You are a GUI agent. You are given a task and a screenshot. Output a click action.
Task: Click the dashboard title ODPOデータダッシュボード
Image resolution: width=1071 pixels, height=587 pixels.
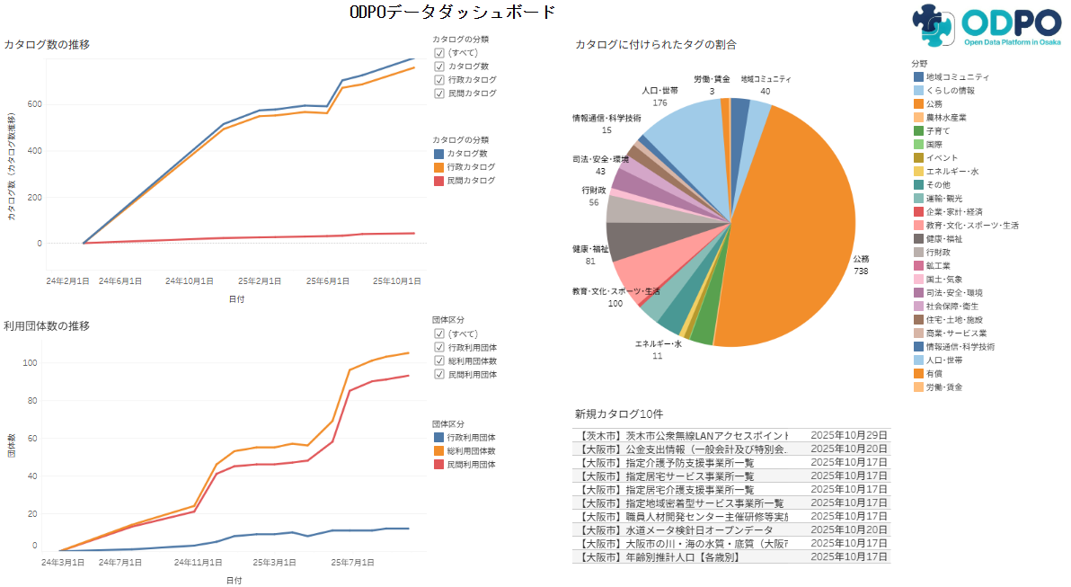point(453,13)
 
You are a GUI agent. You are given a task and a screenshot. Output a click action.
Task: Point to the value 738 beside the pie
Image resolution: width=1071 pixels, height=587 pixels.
point(861,271)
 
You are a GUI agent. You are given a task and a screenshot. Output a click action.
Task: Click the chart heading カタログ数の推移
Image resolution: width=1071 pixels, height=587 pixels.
point(47,44)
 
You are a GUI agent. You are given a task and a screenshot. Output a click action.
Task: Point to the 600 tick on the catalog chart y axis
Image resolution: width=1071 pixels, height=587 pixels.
point(33,104)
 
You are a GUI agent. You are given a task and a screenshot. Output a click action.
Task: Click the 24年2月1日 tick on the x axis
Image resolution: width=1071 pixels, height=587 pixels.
point(68,281)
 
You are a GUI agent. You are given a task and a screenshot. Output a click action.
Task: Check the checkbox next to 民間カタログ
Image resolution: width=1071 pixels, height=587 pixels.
point(439,93)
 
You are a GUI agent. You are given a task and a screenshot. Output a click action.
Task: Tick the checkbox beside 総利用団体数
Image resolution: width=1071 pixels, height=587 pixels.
point(439,360)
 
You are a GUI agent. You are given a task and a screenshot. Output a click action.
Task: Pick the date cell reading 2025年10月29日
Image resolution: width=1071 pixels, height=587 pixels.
point(848,435)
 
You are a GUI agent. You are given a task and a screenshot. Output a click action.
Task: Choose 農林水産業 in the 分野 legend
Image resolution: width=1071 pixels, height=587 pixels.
point(946,117)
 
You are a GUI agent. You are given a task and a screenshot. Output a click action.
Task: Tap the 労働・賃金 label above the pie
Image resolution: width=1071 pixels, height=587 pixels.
point(712,79)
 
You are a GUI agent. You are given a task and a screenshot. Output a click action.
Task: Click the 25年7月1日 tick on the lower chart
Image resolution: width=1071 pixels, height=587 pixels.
point(352,563)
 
